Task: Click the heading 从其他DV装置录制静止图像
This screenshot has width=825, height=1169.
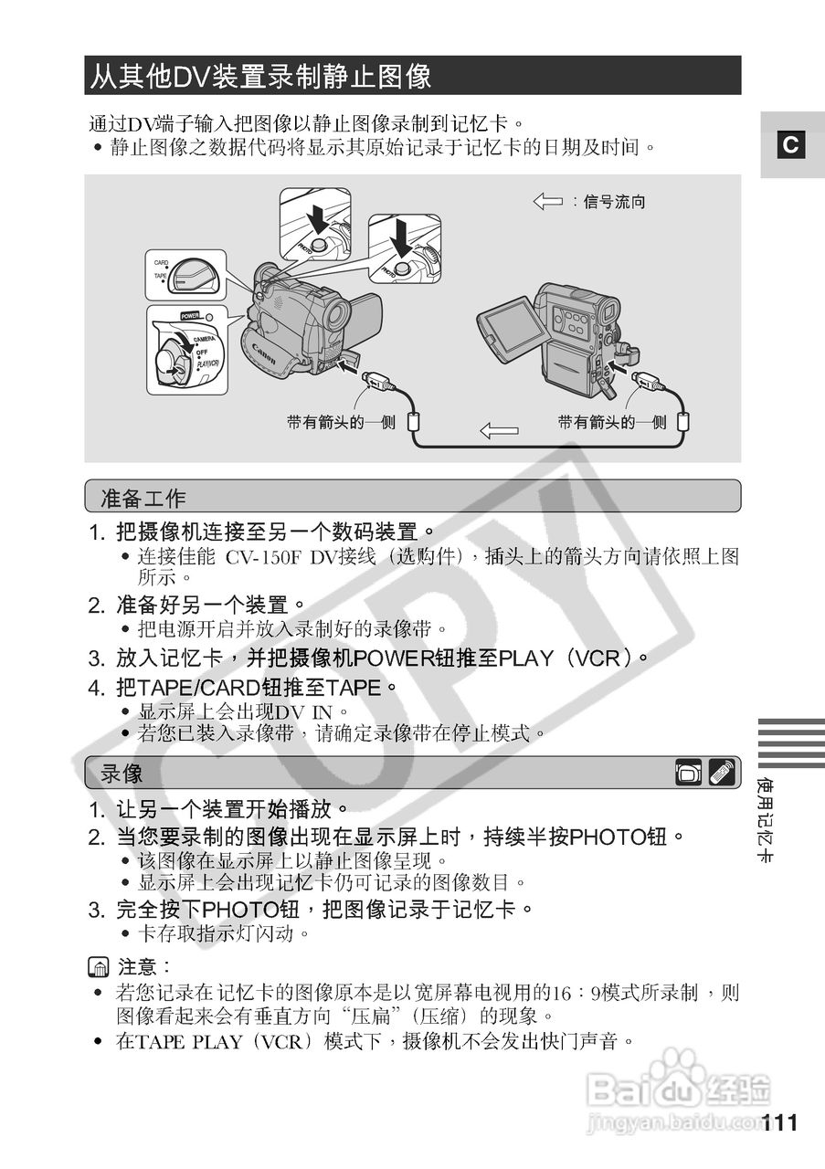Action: [260, 76]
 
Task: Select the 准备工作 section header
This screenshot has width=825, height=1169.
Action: [143, 498]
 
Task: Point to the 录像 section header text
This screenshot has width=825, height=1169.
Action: [122, 774]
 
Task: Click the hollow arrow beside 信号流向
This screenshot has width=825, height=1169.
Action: [547, 201]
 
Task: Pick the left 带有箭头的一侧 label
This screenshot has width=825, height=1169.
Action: [341, 422]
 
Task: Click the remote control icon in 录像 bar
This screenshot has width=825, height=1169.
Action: [722, 773]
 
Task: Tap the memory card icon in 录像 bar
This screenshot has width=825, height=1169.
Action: [689, 774]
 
